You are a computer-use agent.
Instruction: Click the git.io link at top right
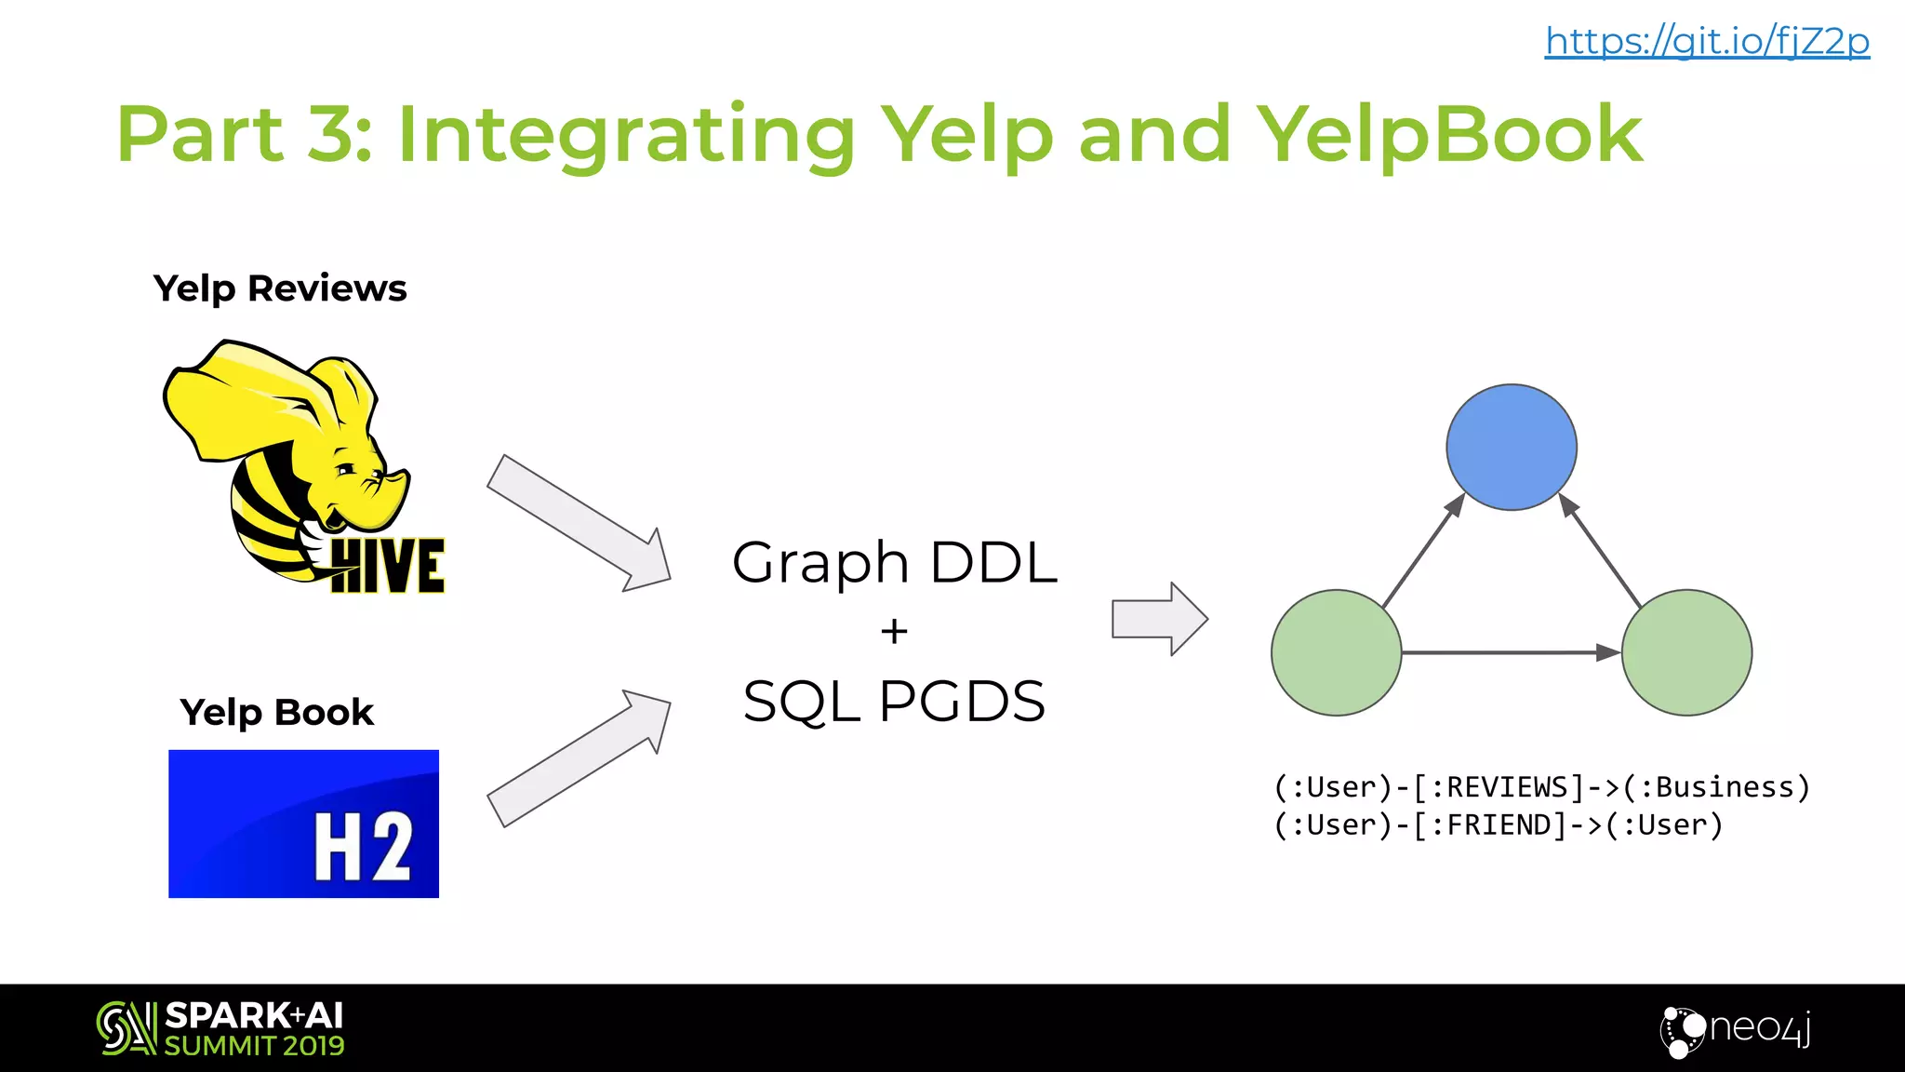(x=1707, y=41)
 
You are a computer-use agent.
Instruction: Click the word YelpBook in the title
(x=1449, y=134)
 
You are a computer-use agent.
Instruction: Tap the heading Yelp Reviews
(x=280, y=288)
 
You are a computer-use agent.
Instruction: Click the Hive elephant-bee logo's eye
(x=345, y=468)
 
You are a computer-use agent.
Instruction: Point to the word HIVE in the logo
(x=388, y=566)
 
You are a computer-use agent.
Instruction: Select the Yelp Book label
(x=276, y=713)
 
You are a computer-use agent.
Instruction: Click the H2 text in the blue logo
(x=363, y=846)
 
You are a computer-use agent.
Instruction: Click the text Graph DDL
(x=894, y=562)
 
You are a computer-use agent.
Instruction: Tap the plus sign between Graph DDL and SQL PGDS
(x=894, y=632)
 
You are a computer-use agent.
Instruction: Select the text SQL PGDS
(x=894, y=702)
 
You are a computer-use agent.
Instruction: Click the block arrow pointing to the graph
(x=1159, y=619)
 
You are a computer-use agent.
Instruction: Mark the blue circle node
(x=1511, y=448)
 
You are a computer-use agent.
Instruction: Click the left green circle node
(x=1336, y=652)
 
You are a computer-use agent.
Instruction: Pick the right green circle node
(x=1686, y=652)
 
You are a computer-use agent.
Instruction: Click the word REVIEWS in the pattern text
(x=1507, y=788)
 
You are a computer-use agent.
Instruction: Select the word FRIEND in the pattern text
(x=1499, y=825)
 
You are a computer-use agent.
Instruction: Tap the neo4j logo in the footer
(x=1736, y=1029)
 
